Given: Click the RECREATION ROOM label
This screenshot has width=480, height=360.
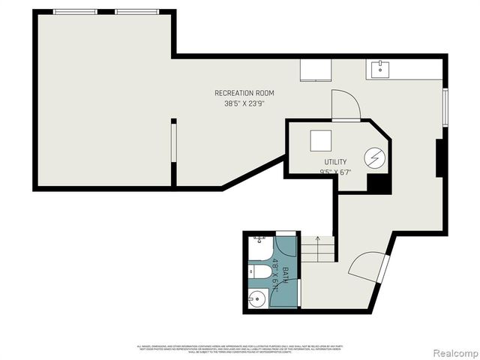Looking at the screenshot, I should click(x=244, y=93).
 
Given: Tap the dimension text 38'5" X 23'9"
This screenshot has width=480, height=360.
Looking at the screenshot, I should click(x=244, y=104).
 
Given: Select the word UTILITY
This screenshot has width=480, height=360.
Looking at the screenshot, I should click(x=335, y=162).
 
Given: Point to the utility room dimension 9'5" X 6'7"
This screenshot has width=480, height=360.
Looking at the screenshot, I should click(x=335, y=172).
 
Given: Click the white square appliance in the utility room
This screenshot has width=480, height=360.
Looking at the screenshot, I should click(x=322, y=141).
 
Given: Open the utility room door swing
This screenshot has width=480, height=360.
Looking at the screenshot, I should click(x=345, y=105).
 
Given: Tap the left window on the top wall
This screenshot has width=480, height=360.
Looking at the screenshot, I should click(x=75, y=12).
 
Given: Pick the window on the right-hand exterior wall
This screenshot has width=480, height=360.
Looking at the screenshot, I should click(x=445, y=107).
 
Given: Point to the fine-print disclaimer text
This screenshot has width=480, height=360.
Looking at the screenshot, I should click(x=238, y=348).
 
